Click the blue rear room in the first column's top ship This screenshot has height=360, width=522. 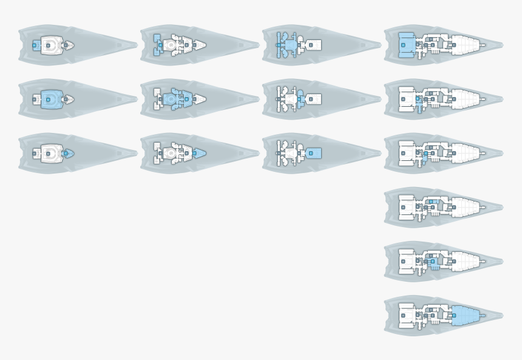(36, 45)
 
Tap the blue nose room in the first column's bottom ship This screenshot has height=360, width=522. (67, 154)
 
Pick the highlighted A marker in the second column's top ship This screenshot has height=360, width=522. (160, 45)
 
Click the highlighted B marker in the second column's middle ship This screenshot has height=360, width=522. (186, 99)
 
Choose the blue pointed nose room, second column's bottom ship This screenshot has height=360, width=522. (198, 153)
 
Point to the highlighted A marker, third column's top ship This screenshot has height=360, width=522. (279, 45)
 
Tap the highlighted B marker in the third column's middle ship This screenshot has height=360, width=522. (299, 99)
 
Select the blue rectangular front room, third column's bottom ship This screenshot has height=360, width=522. (313, 153)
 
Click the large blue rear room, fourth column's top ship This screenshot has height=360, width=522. (406, 45)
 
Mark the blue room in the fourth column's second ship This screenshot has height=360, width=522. (418, 104)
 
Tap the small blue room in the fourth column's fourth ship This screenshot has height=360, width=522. (432, 202)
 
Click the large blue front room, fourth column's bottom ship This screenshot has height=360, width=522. (464, 315)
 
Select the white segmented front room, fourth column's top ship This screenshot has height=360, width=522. (464, 45)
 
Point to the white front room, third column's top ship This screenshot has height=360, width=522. (313, 45)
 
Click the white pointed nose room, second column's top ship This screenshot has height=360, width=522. (199, 45)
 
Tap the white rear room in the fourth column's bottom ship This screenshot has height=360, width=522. (406, 315)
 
